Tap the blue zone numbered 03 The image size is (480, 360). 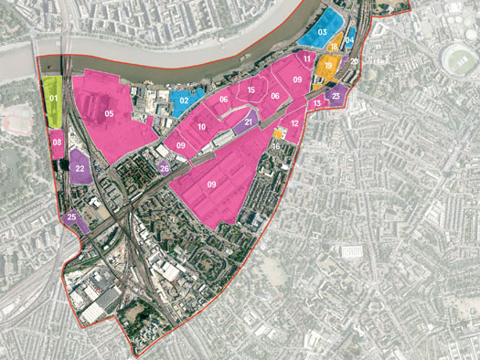[x=322, y=32]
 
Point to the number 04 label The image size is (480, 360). [x=348, y=40]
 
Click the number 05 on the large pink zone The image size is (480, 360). [x=108, y=113]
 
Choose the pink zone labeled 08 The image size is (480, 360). [x=58, y=143]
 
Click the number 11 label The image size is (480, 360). [x=304, y=59]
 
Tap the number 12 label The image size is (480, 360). [x=294, y=122]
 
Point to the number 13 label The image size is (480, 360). [x=316, y=103]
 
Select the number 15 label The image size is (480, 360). [x=251, y=90]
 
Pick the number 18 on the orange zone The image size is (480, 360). [x=335, y=47]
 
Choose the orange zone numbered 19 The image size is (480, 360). [x=328, y=65]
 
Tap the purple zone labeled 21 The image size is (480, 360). [x=249, y=121]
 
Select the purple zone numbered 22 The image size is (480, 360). [x=80, y=168]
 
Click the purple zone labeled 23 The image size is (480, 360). [x=336, y=94]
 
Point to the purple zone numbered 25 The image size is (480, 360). [x=72, y=217]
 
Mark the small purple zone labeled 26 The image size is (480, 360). [x=165, y=168]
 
